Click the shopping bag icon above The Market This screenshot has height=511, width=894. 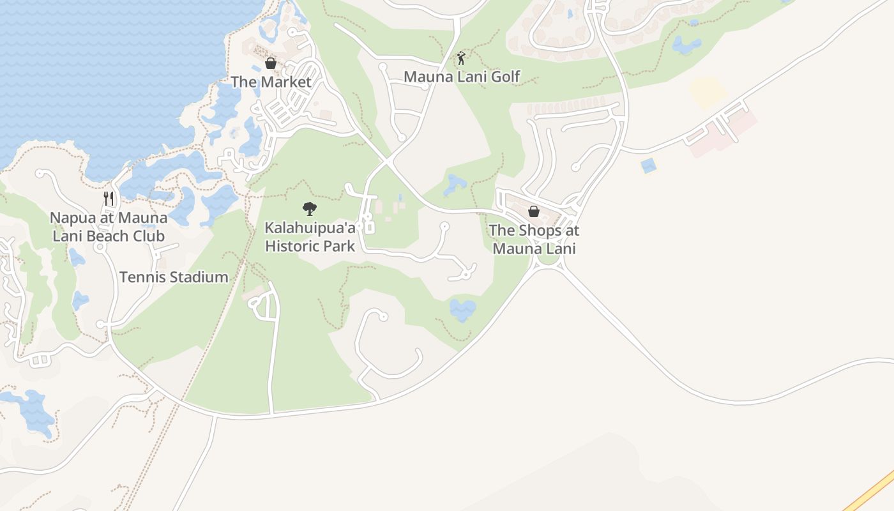[x=271, y=63]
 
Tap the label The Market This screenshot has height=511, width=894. [x=271, y=82]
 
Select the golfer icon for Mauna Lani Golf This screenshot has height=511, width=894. [x=461, y=59]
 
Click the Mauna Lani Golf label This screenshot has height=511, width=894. [x=462, y=77]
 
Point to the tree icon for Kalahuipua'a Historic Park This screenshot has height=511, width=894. [x=310, y=208]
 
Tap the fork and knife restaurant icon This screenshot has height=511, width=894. [x=109, y=199]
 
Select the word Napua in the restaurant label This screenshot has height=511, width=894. [x=69, y=218]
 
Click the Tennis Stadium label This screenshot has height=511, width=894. [x=174, y=277]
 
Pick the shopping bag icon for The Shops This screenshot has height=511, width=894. [x=534, y=211]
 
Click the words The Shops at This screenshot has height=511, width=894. [x=534, y=231]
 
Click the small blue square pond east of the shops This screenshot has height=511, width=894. [x=648, y=165]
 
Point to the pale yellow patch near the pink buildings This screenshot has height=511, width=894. [x=708, y=93]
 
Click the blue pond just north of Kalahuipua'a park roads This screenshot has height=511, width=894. [x=455, y=184]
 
